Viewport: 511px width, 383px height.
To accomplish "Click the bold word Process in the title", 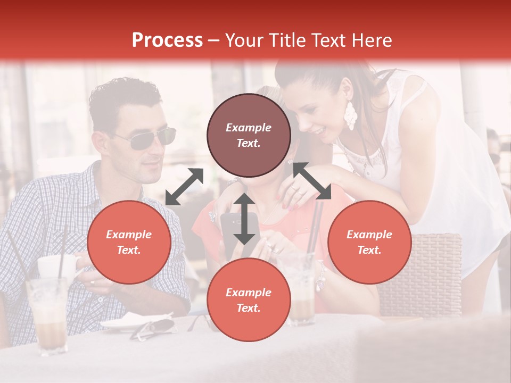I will click(x=167, y=40).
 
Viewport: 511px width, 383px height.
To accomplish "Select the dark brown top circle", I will click(x=249, y=136).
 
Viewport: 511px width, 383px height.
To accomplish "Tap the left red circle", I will click(x=129, y=242).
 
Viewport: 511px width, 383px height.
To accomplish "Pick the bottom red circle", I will click(x=249, y=300).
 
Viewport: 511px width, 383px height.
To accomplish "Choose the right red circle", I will click(x=369, y=242).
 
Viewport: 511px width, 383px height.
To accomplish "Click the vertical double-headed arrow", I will click(x=244, y=219).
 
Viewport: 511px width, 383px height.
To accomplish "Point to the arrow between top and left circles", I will click(x=184, y=187).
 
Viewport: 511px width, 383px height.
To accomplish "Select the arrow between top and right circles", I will click(x=312, y=181).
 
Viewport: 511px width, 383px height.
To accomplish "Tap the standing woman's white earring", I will click(x=350, y=115).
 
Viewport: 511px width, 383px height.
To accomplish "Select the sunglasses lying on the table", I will click(x=154, y=328).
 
